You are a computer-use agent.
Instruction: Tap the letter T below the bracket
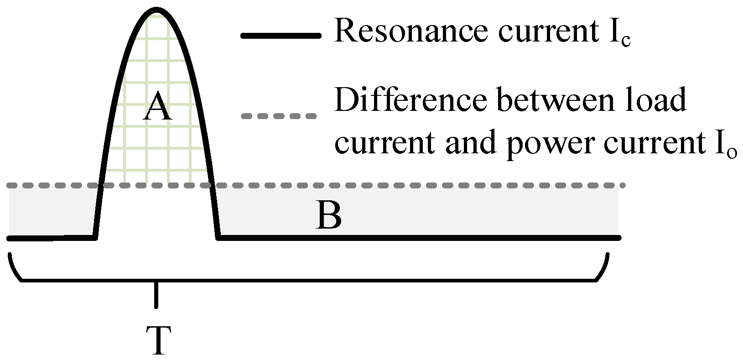click(x=158, y=340)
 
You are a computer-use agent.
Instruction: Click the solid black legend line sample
click(x=280, y=36)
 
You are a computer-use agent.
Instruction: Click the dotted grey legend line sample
click(x=279, y=116)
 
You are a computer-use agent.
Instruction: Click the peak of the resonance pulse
click(x=156, y=9)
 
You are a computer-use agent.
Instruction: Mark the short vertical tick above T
click(x=156, y=295)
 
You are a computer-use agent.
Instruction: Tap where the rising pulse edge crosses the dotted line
click(x=99, y=186)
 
